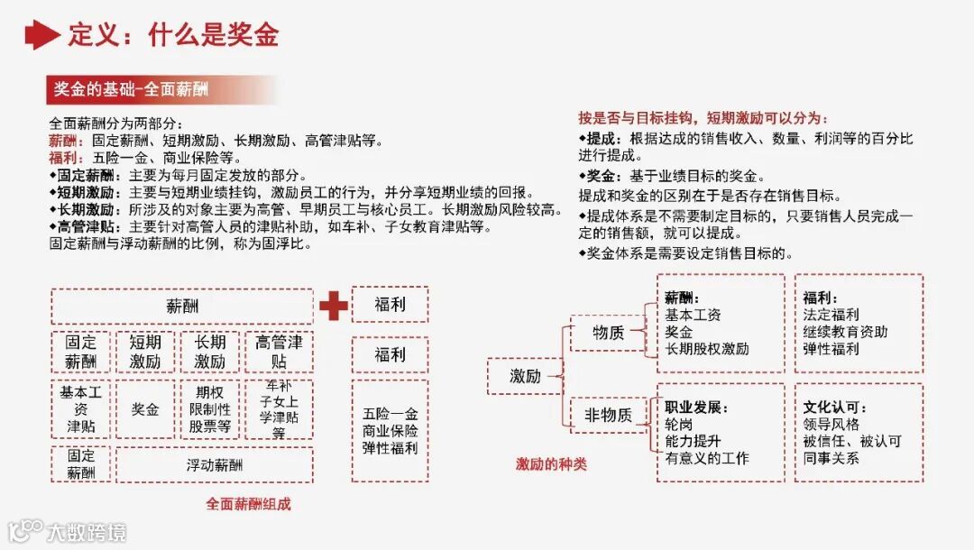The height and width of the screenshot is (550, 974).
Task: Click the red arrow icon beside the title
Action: coord(41,34)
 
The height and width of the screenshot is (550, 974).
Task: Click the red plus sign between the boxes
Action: coord(333,307)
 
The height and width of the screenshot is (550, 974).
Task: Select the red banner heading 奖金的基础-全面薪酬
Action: coord(131,89)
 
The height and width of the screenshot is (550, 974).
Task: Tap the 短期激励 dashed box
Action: coord(145,352)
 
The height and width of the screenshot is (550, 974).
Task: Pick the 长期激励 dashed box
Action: coord(210,352)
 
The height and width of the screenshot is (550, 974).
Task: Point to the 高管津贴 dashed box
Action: coord(279,352)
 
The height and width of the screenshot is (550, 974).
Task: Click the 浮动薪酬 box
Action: coord(215,465)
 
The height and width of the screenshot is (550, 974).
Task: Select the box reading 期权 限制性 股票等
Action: coord(210,409)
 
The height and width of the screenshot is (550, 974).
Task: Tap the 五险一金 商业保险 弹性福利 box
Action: coord(390,431)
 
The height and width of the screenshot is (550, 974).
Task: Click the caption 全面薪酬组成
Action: coord(248,504)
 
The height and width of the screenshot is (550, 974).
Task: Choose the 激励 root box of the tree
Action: coord(525,376)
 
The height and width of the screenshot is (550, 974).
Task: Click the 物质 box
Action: coord(607,333)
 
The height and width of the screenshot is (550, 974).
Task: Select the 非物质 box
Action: coord(607,416)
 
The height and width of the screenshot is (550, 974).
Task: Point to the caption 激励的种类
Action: coord(551,463)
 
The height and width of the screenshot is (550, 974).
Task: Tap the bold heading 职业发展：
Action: coord(695,408)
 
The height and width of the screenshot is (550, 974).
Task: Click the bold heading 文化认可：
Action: coord(834,408)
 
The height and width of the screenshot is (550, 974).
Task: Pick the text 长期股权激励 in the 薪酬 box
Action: coord(707,349)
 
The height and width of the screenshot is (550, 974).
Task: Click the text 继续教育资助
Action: coord(845,332)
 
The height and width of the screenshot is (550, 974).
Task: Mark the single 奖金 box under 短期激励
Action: coord(145,409)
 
